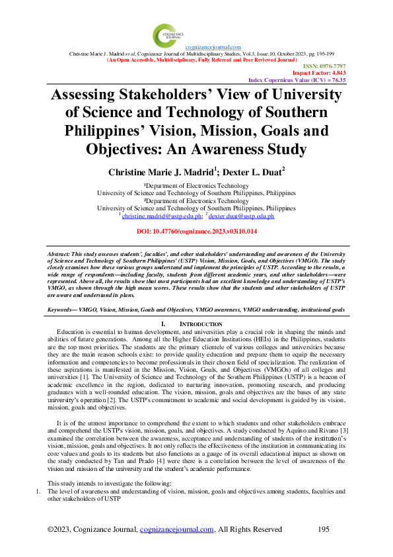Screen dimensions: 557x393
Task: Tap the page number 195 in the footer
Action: (x=324, y=529)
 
